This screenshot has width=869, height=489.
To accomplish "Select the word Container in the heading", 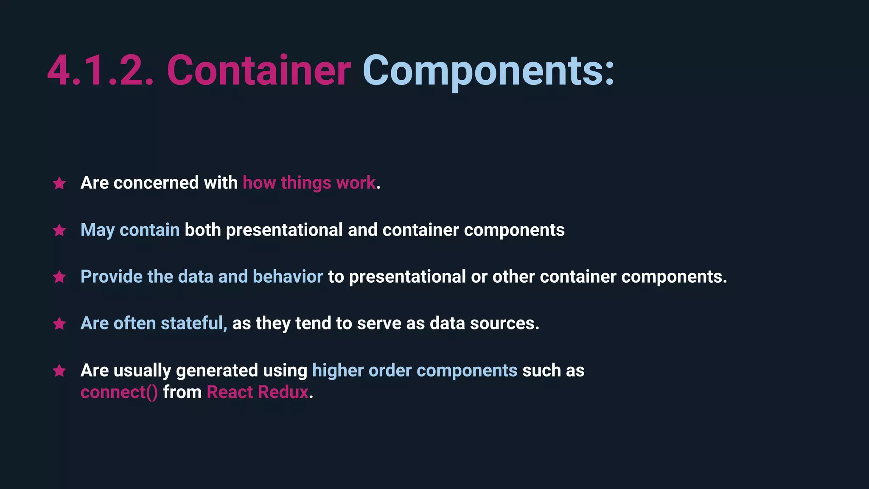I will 259,71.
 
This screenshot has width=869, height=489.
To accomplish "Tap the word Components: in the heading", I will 488,71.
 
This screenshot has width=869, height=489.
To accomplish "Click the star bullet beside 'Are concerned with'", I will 59,183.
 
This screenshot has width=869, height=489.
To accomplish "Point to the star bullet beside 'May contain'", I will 59,230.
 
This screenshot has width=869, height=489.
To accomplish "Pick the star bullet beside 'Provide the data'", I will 59,277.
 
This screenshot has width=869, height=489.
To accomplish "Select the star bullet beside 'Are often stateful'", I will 59,324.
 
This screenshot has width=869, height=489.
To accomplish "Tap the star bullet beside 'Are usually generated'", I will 59,371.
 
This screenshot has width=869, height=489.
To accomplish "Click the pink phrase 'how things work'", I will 309,183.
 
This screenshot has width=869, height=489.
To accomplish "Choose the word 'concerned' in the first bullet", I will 156,183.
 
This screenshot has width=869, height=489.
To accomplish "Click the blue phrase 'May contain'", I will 130,230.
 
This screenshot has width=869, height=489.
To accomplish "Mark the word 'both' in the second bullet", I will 203,230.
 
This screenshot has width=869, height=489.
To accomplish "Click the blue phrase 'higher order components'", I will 415,371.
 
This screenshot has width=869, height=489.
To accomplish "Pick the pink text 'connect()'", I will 119,392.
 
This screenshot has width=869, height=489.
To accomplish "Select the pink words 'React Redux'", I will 258,392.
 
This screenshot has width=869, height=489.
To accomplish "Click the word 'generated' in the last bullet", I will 217,371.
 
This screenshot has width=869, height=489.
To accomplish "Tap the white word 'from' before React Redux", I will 182,392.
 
